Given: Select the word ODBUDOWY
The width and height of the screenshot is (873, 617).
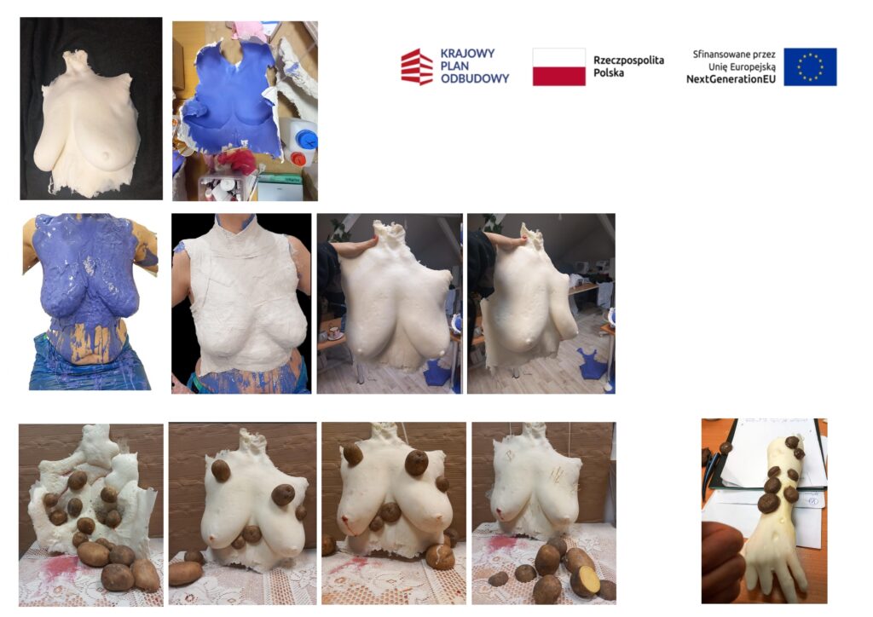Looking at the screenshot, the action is coord(474,78).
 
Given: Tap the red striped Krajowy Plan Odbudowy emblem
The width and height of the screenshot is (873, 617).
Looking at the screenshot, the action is coord(416,66).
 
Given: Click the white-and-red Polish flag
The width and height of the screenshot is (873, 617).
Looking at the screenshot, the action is coord(558,66).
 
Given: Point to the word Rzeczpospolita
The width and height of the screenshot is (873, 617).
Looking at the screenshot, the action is coord(628,61).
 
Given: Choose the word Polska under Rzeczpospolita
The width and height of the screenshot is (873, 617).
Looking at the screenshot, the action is coord(609,73).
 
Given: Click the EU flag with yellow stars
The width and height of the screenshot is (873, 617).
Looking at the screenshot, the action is coord(810,66).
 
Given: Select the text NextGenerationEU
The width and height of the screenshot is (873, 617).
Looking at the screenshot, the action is coord(731,79).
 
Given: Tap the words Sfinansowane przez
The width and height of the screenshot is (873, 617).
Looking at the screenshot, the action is coord(734,55).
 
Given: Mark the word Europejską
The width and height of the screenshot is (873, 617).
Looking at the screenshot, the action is coord(754,67).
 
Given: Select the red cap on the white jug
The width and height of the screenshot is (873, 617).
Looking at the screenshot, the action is coord(298,159).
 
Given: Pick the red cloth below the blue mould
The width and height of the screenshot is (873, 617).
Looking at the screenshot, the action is coord(237,160).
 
